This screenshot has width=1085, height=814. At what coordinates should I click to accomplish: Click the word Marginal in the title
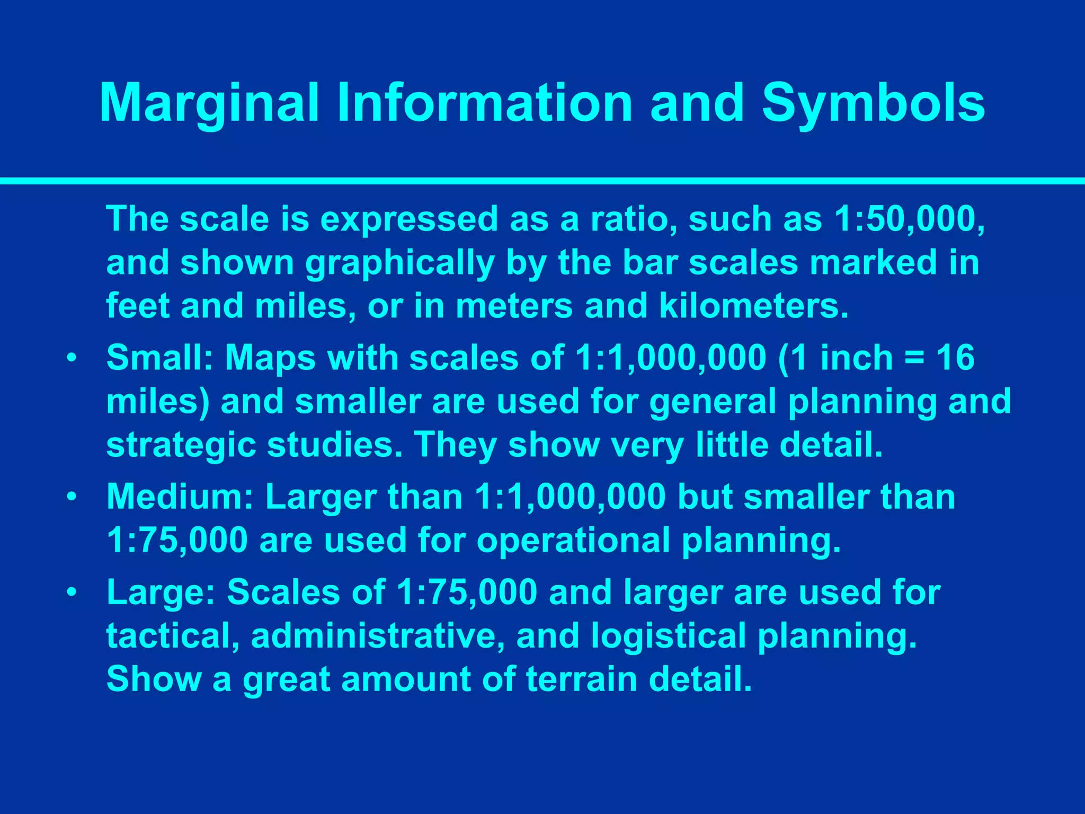click(209, 104)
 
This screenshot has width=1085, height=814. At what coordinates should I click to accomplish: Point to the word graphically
click(399, 264)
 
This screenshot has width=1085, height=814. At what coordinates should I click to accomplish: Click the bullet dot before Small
click(71, 358)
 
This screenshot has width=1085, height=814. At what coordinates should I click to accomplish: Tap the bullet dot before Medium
click(71, 497)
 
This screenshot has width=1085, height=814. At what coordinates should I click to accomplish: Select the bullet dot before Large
click(71, 592)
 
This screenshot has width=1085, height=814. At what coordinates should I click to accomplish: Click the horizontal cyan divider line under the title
click(542, 181)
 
